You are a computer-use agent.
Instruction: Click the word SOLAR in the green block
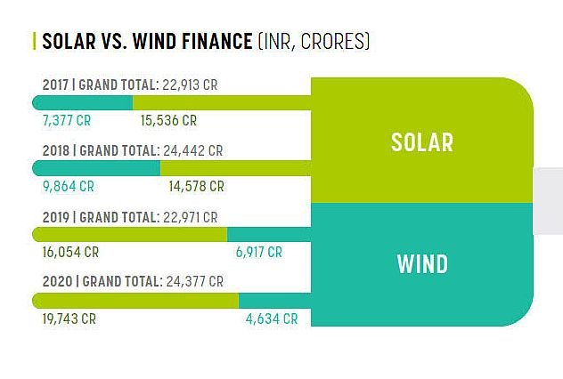(x=422, y=142)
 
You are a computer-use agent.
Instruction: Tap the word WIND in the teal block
(x=422, y=264)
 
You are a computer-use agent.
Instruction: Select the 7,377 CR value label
(x=67, y=120)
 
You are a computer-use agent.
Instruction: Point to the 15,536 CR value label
(x=168, y=120)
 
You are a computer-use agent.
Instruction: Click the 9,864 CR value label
(x=69, y=187)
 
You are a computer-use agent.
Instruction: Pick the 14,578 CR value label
(x=196, y=187)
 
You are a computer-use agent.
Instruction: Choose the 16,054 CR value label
(x=70, y=253)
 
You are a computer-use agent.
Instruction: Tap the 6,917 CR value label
(x=259, y=253)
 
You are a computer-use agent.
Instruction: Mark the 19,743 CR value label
(x=69, y=319)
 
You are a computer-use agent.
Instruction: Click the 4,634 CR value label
(x=272, y=319)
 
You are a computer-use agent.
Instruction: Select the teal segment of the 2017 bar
(x=83, y=103)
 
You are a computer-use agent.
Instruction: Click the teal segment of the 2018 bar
(x=96, y=168)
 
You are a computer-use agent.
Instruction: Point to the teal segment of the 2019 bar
(x=269, y=235)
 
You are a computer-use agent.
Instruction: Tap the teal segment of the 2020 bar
(x=275, y=301)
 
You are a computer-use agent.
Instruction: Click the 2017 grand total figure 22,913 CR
(x=190, y=85)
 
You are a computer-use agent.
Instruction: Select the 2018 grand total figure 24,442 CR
(x=193, y=150)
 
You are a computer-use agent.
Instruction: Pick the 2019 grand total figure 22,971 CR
(x=191, y=217)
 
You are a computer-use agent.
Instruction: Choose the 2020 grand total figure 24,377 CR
(x=194, y=281)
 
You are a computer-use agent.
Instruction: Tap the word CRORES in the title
(x=333, y=41)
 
